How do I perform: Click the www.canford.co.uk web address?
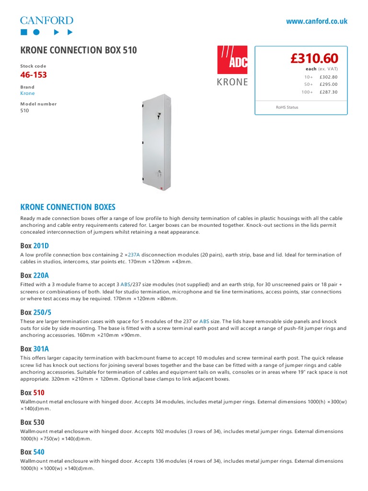[x=317, y=21]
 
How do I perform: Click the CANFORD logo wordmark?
[x=46, y=20]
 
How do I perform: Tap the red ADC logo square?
[x=233, y=60]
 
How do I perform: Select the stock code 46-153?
[x=34, y=75]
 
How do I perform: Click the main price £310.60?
[x=314, y=58]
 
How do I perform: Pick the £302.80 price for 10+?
[x=328, y=77]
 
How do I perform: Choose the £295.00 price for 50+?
[x=328, y=84]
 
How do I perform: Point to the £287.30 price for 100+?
[x=328, y=92]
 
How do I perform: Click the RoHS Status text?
[x=287, y=107]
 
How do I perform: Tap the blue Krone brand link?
[x=27, y=94]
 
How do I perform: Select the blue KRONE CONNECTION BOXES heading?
[x=68, y=207]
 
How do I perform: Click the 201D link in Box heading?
[x=41, y=246]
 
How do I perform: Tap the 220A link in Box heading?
[x=41, y=275]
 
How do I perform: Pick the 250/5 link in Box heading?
[x=42, y=312]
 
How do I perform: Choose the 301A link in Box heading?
[x=41, y=349]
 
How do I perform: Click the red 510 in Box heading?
[x=39, y=393]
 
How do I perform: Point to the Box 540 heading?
[x=33, y=452]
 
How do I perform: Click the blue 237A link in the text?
[x=134, y=255]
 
